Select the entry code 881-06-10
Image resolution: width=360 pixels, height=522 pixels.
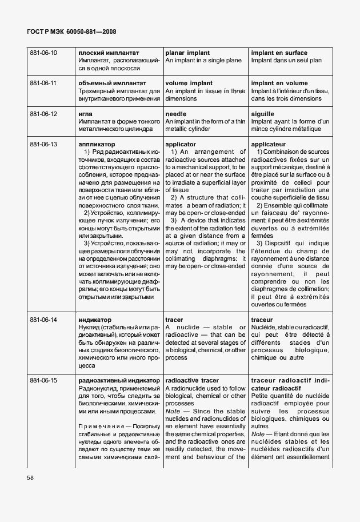43,53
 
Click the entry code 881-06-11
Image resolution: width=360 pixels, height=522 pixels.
43,83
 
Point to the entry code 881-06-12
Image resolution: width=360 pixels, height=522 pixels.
43,114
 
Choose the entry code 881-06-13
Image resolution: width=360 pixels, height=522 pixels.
43,145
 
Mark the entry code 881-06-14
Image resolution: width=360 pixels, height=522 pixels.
43,320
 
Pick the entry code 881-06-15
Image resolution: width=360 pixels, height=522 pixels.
43,380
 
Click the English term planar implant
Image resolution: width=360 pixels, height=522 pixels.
187,53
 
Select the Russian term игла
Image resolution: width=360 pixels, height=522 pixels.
86,114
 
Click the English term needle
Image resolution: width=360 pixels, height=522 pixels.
176,114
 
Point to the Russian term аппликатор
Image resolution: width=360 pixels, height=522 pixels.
97,145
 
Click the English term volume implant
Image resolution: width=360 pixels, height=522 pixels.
188,83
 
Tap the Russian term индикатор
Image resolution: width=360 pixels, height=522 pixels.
95,320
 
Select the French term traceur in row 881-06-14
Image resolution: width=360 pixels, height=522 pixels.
262,320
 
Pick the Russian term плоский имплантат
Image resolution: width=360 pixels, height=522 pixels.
109,53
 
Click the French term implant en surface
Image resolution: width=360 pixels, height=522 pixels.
279,53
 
